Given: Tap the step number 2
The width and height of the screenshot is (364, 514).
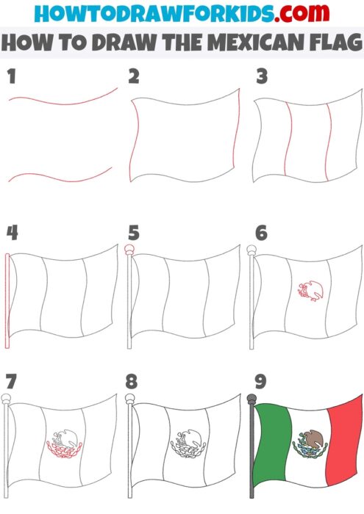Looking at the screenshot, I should coord(134,75).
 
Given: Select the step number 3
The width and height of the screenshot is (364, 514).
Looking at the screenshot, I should coord(261,75).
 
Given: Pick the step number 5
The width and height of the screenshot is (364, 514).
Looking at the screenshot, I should coord(134,233).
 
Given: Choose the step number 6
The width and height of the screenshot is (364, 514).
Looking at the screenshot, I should coord(261,233).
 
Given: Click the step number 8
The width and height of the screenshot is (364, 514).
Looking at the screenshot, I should coord(134,383).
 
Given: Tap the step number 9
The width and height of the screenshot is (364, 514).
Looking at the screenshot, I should coord(261,383).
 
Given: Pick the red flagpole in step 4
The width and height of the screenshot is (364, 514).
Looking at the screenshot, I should coord(7,301).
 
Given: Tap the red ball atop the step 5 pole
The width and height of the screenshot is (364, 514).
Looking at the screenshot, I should coord(131,250).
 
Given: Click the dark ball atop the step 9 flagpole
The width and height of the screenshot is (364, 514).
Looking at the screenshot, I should coord(254,399).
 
